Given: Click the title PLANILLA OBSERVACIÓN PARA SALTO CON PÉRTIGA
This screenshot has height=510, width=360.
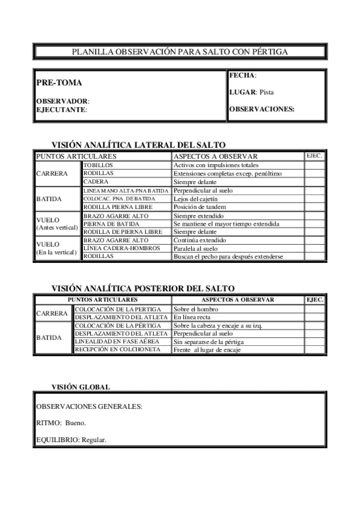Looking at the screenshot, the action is point(180,52).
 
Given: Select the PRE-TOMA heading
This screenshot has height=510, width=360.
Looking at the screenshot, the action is point(59,83).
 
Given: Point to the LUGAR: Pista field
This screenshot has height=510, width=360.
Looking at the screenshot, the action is point(251,92).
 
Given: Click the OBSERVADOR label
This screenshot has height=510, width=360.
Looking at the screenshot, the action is point(63,101).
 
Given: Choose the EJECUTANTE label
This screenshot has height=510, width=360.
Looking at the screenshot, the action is point(61,109).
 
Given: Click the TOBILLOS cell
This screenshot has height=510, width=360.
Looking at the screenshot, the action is point(98,165).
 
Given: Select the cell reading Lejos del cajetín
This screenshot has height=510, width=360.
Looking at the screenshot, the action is point(196,198).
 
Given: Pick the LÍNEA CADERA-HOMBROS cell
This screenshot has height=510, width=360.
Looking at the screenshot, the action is point(122,248).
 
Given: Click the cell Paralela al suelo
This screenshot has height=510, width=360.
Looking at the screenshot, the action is point(196,248).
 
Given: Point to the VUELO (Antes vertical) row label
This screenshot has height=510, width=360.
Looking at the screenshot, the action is point(57,224).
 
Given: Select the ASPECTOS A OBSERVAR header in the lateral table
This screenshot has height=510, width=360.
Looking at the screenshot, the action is point(215,156).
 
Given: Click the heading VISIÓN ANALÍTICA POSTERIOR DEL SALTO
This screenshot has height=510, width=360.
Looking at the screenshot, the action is point(143,289).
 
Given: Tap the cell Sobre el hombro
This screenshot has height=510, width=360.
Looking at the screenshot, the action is point(195,309).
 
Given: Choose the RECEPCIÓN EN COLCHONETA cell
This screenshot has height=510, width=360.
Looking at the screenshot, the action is point(118,349).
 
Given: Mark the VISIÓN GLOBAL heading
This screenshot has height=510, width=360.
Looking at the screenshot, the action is point(80,387).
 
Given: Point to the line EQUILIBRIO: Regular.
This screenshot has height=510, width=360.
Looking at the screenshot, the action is point(72,440).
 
